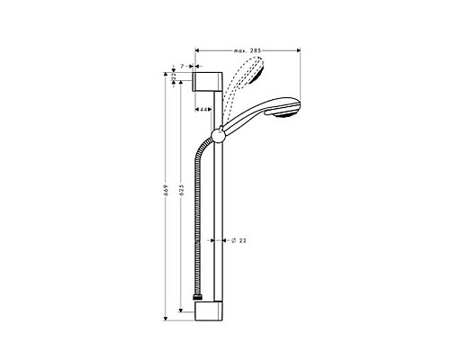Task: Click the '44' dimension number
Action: click(204, 109)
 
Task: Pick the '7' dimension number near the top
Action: click(183, 67)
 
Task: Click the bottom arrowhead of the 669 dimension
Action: click(166, 318)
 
